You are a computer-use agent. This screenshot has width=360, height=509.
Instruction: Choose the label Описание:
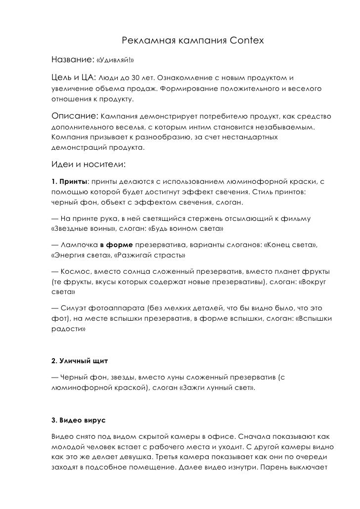(x=74, y=117)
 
